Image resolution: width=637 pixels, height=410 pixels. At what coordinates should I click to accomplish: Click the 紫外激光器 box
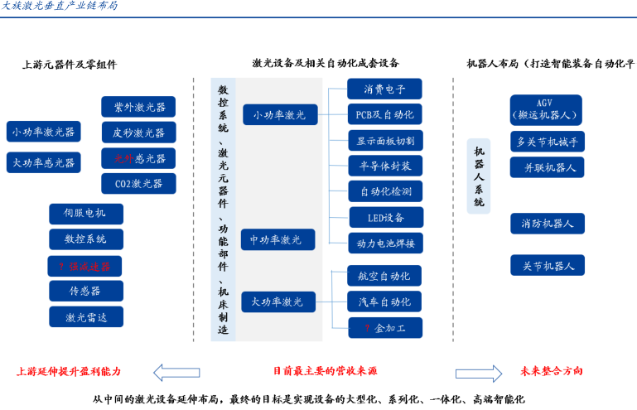(138, 107)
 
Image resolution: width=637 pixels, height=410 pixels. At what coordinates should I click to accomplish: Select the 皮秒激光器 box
(138, 133)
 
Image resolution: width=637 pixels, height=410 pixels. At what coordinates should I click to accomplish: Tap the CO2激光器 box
(138, 183)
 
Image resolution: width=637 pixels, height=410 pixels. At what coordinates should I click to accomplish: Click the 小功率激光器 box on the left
(43, 132)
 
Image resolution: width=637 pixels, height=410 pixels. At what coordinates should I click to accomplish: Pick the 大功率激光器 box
(43, 162)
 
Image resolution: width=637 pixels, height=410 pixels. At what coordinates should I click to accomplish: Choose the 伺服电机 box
(85, 214)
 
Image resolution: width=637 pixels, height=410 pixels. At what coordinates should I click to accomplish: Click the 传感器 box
(85, 291)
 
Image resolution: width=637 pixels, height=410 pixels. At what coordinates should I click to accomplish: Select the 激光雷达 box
(85, 316)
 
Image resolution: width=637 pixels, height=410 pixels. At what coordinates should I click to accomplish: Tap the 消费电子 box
(384, 89)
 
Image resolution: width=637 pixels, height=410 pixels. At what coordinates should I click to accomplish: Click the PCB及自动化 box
(384, 114)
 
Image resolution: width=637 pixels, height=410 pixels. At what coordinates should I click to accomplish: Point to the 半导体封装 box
(384, 166)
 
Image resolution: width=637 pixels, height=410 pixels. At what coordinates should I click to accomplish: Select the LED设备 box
(384, 218)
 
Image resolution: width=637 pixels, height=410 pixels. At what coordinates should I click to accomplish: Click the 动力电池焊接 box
(384, 244)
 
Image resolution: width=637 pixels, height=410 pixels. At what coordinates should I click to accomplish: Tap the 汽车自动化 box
(384, 301)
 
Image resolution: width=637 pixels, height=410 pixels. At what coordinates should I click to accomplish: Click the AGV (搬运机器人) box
(547, 109)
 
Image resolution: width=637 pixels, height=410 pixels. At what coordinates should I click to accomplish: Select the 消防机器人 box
(547, 224)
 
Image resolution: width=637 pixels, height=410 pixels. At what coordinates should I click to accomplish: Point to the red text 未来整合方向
(552, 371)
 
